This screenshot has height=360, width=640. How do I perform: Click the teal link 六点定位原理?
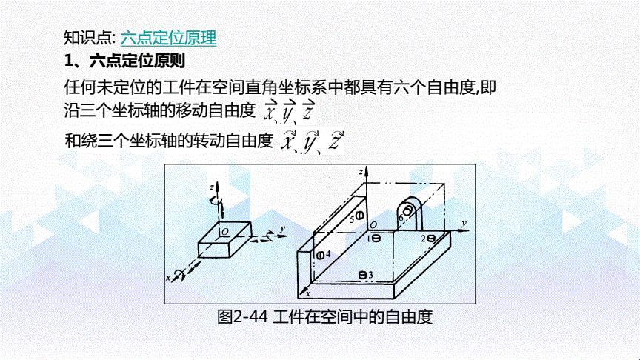(x=168, y=38)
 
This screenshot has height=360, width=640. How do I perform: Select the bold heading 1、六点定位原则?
(x=124, y=61)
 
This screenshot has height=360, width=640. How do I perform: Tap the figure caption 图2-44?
(x=242, y=316)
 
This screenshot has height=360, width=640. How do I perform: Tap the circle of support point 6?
(x=407, y=211)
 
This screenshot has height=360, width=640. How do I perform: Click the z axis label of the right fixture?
(x=361, y=172)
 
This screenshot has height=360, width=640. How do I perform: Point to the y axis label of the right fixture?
(x=464, y=224)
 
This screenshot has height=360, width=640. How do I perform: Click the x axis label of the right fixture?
(x=308, y=293)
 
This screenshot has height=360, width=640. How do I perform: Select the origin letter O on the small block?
(x=225, y=232)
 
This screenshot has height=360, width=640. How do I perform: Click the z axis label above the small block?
(x=212, y=187)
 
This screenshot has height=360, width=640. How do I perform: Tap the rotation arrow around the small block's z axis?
(x=215, y=201)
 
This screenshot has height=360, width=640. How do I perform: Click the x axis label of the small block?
(x=168, y=279)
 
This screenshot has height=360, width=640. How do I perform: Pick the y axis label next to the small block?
(x=282, y=230)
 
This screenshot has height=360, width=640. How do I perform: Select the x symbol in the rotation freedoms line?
(x=289, y=141)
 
